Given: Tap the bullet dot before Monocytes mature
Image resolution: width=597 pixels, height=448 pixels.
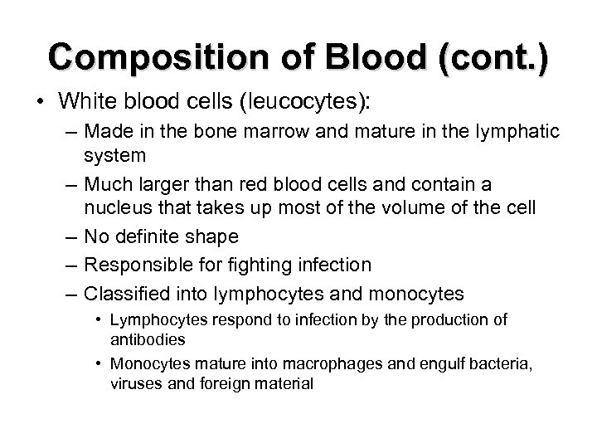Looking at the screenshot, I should [x=99, y=363].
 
